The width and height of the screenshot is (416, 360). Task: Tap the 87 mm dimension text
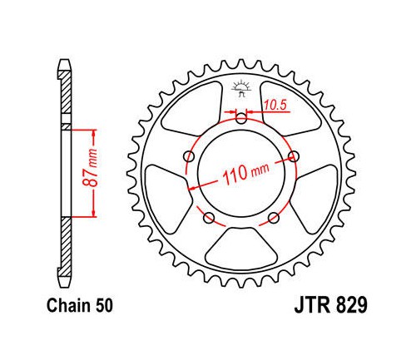point(91,168)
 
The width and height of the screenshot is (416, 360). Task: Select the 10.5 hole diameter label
point(275,105)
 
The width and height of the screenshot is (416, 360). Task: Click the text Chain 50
point(80,306)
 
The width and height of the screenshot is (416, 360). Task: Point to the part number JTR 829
point(330,305)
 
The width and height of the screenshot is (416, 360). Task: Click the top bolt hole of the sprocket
point(241,119)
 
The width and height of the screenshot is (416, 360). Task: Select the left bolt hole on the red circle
point(190,156)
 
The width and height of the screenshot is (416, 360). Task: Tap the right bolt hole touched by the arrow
point(294,156)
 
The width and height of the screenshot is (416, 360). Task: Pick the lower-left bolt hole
point(209,218)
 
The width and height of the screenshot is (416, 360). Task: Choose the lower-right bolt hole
point(274,218)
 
